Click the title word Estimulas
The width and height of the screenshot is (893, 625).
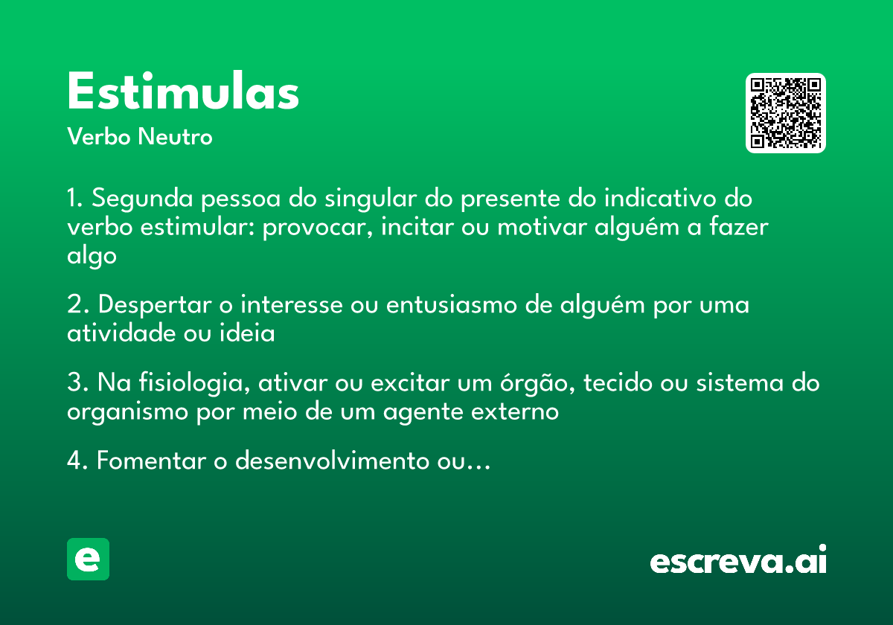183,93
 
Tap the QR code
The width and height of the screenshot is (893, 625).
786,113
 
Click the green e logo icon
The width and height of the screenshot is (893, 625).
88,559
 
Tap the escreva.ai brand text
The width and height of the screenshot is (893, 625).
738,560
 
